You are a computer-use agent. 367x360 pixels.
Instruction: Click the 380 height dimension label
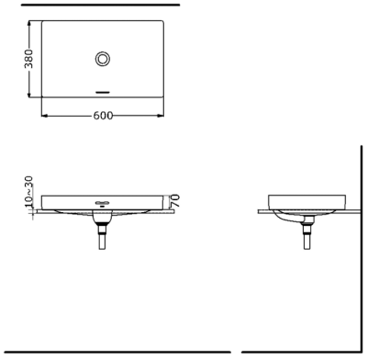tap(28, 59)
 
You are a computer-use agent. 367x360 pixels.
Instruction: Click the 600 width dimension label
tap(103, 116)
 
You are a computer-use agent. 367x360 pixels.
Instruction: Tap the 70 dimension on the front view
tap(174, 201)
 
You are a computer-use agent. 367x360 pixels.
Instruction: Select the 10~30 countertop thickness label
tap(28, 191)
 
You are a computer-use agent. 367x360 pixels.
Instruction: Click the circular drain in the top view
tap(103, 59)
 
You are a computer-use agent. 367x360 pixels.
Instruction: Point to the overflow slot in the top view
tap(103, 92)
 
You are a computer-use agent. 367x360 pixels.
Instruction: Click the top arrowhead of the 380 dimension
tap(29, 24)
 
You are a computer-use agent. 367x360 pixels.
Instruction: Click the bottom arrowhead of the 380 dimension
tap(29, 95)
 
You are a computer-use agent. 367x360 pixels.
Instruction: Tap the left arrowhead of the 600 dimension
tap(45, 116)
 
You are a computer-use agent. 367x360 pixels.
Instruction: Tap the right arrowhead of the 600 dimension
tap(161, 116)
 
